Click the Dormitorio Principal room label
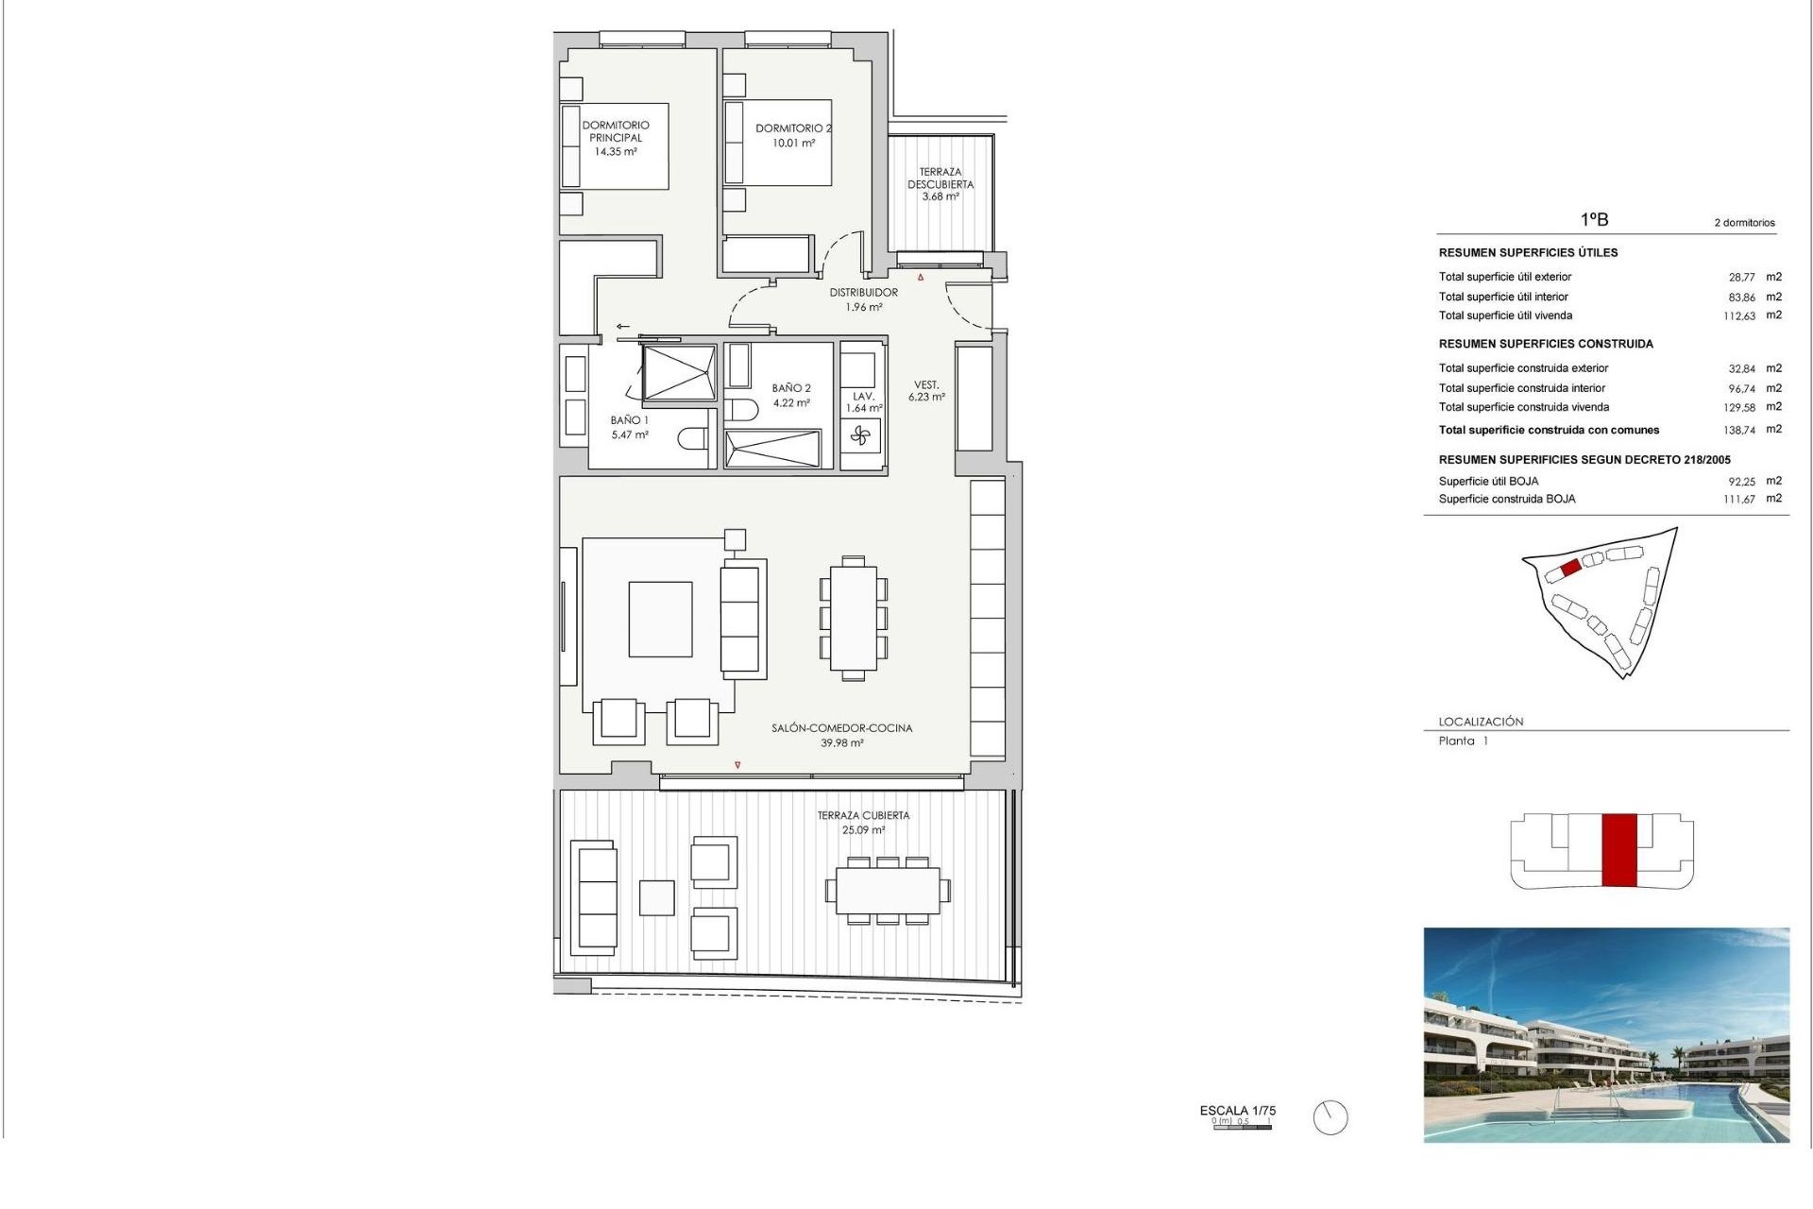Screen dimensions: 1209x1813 click(615, 130)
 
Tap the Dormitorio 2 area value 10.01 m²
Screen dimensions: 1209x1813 click(793, 144)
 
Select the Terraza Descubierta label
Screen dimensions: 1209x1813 click(940, 179)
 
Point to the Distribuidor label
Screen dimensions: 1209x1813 click(863, 293)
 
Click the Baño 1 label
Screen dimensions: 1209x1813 click(629, 420)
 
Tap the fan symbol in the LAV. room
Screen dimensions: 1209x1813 click(859, 435)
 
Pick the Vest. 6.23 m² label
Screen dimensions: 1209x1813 click(926, 391)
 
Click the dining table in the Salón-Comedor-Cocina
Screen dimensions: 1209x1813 click(853, 618)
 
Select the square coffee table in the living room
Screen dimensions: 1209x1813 click(660, 619)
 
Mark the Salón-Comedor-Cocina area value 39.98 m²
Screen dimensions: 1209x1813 click(841, 743)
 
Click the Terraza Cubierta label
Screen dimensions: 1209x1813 click(863, 815)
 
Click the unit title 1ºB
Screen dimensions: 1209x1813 click(1594, 219)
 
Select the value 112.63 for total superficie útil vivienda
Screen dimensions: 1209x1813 click(1738, 316)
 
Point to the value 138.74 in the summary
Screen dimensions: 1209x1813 click(1738, 430)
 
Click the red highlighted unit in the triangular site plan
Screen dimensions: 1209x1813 click(1570, 568)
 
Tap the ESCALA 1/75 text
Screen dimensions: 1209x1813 click(1237, 1111)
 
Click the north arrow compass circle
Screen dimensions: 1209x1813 click(1330, 1118)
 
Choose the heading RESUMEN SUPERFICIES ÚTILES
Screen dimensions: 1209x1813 click(1528, 253)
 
